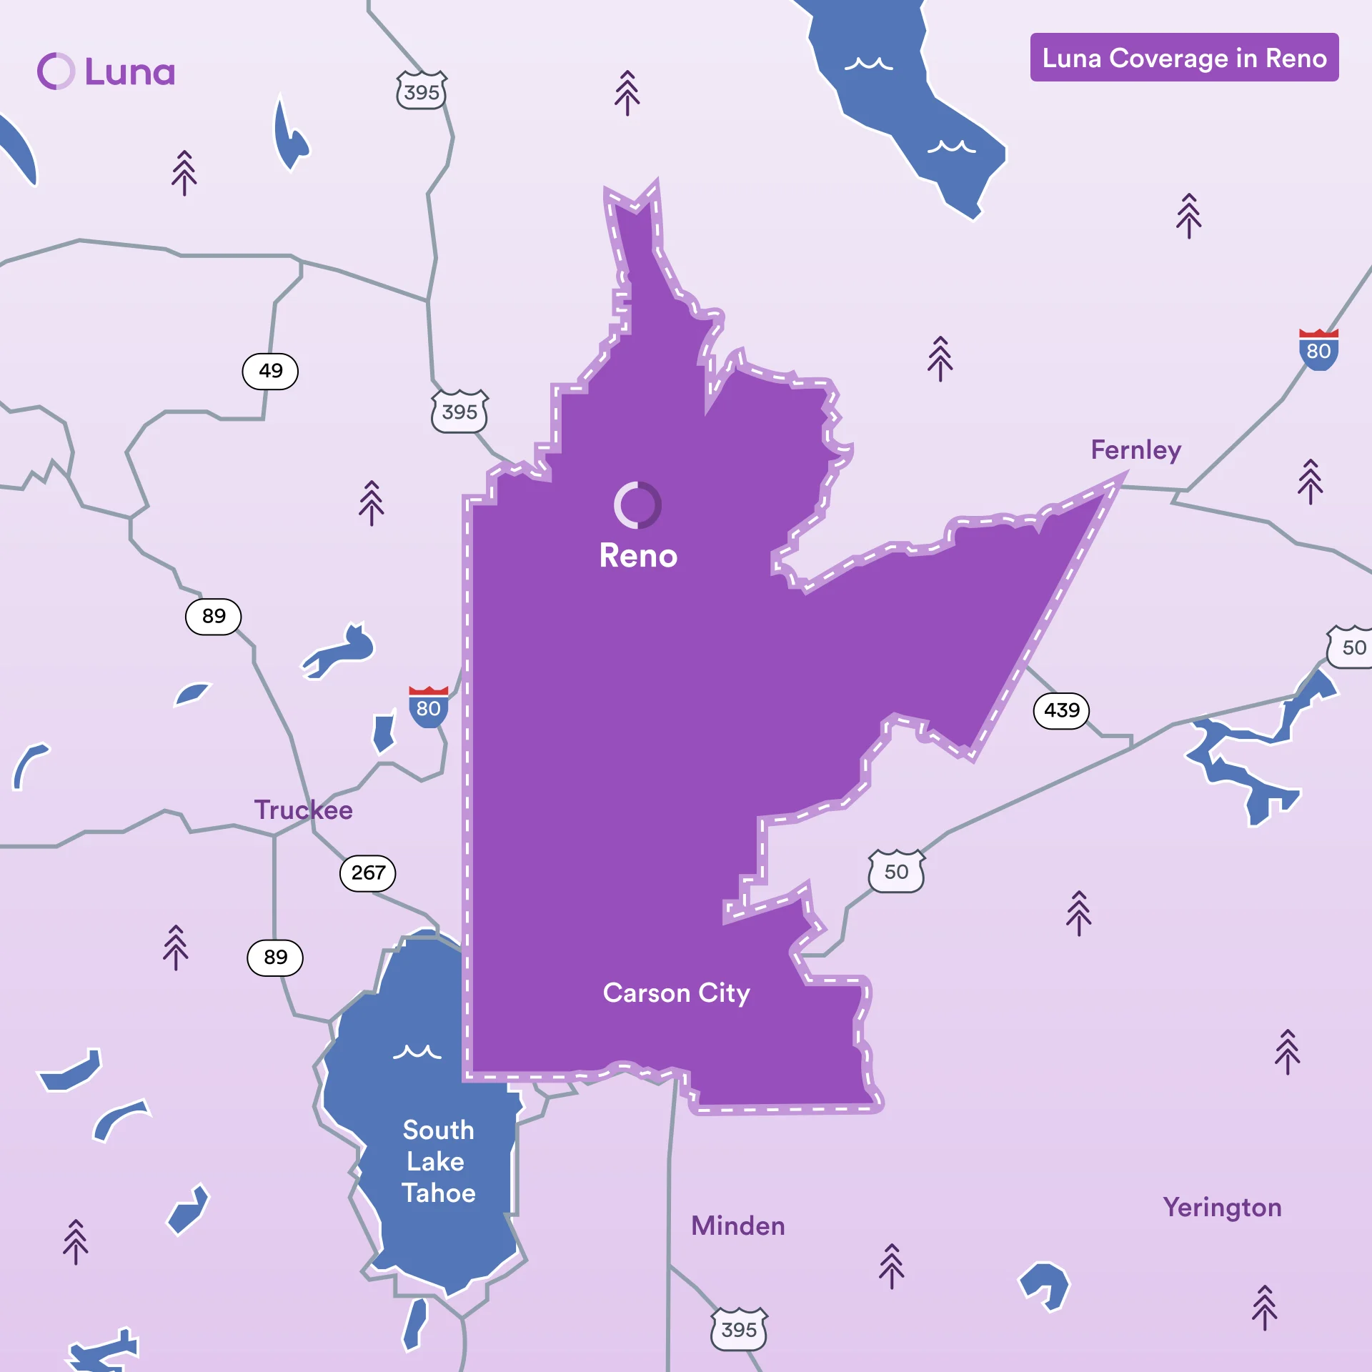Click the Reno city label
(x=638, y=556)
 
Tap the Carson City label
(x=676, y=993)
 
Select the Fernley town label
(x=1135, y=450)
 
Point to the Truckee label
(x=304, y=810)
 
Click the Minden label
(x=737, y=1226)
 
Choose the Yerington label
(x=1222, y=1208)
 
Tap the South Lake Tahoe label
(x=438, y=1161)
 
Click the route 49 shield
(x=270, y=371)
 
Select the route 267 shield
(x=368, y=873)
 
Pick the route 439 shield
(x=1061, y=710)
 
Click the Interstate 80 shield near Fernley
(x=1318, y=350)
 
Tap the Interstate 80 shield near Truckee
(x=428, y=707)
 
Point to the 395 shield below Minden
(x=739, y=1330)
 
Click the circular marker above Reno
(x=637, y=505)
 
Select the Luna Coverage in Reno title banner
(x=1184, y=57)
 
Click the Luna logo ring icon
(x=56, y=71)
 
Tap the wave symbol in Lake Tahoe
(x=417, y=1052)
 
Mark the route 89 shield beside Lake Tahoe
(x=275, y=958)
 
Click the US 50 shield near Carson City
(x=896, y=872)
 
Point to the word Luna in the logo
(x=130, y=72)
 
